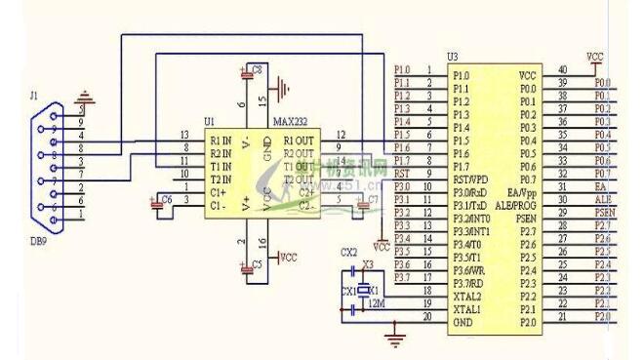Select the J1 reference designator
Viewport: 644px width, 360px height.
(x=35, y=96)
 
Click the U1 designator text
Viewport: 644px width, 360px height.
(x=209, y=122)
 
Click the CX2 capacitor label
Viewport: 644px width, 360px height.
(x=347, y=252)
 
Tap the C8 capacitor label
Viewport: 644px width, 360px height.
(x=257, y=70)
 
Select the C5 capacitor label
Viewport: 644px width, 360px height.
(x=257, y=264)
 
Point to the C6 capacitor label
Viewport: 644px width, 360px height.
(x=168, y=199)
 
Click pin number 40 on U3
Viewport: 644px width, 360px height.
(x=562, y=69)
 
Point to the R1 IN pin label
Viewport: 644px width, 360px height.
(x=220, y=140)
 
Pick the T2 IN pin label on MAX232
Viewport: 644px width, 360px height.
(x=220, y=180)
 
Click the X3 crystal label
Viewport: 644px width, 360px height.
(x=368, y=264)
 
